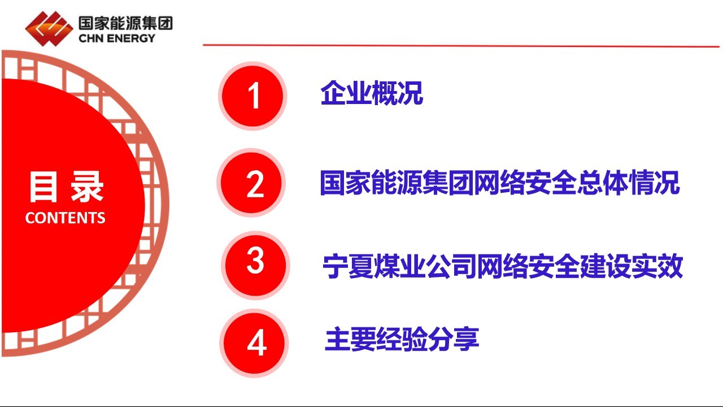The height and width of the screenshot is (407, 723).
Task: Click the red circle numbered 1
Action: (252, 96)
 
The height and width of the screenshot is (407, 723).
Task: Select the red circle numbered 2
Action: (251, 183)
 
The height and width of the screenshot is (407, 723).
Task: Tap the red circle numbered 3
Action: (255, 265)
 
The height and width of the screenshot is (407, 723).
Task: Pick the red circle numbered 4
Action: (254, 343)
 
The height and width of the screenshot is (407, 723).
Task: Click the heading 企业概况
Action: (372, 93)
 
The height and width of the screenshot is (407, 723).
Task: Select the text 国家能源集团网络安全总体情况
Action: (500, 183)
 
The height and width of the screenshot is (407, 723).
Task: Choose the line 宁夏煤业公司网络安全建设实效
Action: (503, 266)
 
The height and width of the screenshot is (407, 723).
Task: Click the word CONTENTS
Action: (65, 218)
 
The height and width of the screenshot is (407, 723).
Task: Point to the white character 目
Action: (43, 187)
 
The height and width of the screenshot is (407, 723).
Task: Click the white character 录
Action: (87, 187)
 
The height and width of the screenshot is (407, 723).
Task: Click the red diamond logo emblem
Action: (49, 29)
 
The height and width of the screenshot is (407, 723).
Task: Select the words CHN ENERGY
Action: (117, 38)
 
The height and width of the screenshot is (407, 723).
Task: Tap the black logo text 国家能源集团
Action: (125, 23)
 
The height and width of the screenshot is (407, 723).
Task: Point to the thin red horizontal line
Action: (461, 46)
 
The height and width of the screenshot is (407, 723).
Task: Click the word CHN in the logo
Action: (91, 38)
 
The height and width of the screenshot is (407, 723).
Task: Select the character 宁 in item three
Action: (335, 266)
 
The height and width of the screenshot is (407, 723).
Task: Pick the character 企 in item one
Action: (333, 93)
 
